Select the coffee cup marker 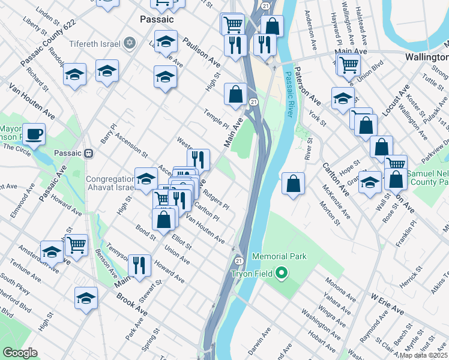coord(34,134)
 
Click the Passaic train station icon coord(89,152)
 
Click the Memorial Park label coord(279,256)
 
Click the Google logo coord(20,353)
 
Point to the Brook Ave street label coord(132,304)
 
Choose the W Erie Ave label coord(387,304)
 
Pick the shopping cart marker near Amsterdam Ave coord(76,244)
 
